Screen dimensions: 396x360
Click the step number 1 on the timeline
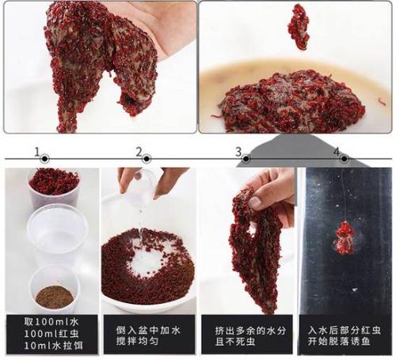coord(37,152)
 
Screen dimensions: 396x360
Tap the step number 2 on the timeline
coord(139,152)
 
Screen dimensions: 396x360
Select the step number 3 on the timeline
coord(238,152)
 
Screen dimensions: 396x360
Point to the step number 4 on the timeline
coord(337,152)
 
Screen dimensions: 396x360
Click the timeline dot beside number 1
coord(45,159)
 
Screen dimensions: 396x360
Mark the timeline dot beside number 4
coord(344,159)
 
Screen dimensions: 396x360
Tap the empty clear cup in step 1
coord(57,232)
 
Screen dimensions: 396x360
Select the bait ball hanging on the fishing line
coord(344,238)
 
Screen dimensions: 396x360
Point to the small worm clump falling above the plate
coord(299,27)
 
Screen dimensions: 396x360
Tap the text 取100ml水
coord(51,322)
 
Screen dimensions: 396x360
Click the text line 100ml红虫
coord(51,334)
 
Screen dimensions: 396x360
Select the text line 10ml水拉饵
coord(54,345)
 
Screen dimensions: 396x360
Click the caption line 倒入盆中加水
coord(148,330)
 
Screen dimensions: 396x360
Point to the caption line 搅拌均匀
coord(137,341)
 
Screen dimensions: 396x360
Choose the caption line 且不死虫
coord(235,342)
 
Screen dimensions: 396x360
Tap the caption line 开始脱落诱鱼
coord(339,342)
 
